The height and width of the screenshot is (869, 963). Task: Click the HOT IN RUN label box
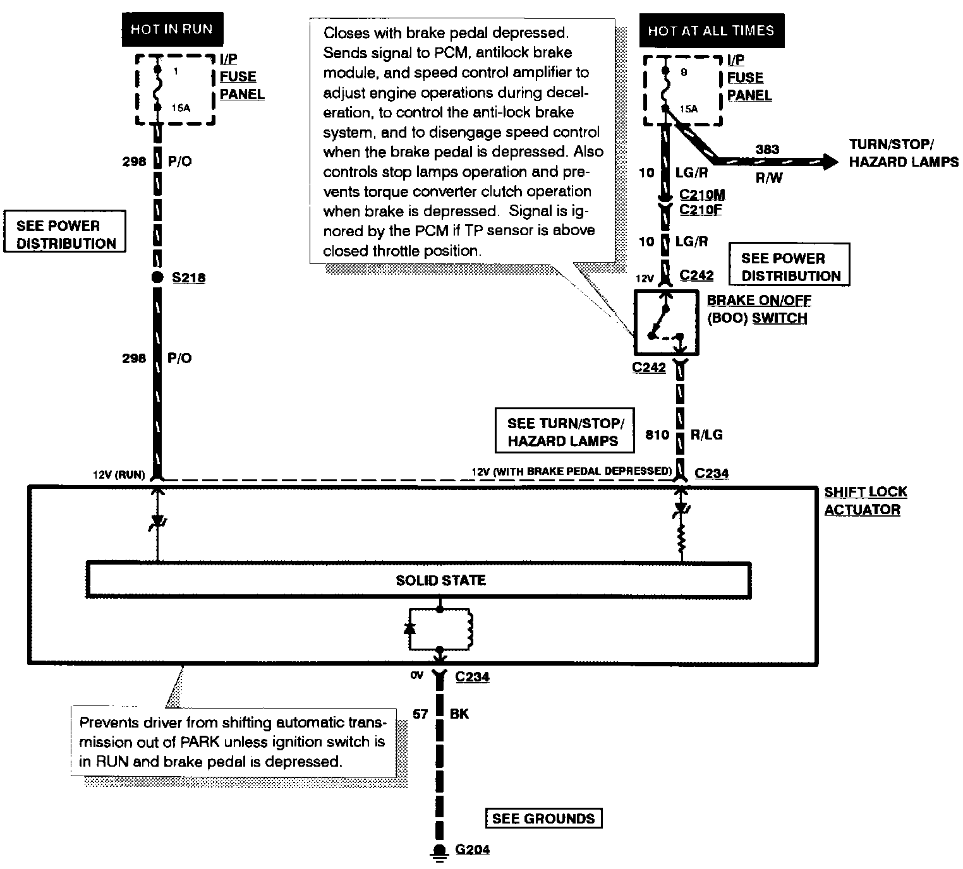click(x=171, y=29)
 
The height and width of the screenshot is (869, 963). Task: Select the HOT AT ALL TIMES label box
click(x=712, y=30)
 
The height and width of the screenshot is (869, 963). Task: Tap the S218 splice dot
click(x=157, y=277)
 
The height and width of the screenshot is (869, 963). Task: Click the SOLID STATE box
click(x=418, y=580)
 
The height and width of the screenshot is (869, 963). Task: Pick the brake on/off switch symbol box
click(x=666, y=322)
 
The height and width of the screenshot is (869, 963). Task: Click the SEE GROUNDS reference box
click(x=543, y=818)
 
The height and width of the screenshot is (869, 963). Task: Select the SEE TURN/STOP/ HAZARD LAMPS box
click(x=562, y=432)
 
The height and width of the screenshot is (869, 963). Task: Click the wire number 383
click(x=767, y=150)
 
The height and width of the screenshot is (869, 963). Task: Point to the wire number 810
click(x=657, y=434)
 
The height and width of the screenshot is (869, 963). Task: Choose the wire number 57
click(x=420, y=714)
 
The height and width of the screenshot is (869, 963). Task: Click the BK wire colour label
click(x=459, y=714)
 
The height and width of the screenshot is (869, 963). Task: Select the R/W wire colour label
click(x=769, y=178)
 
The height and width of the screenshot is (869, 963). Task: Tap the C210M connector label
click(x=702, y=195)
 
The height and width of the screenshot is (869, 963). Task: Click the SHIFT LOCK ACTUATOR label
click(x=865, y=501)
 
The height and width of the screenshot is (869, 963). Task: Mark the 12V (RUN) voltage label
click(x=119, y=475)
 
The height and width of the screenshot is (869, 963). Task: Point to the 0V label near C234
click(x=416, y=676)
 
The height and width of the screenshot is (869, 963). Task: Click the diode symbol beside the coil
click(x=409, y=628)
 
